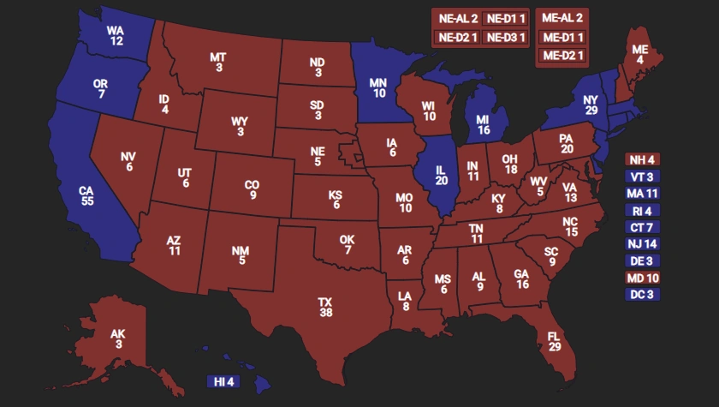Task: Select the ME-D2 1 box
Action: [x=562, y=56]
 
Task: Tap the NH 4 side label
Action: [x=642, y=159]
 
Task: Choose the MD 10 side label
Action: [x=642, y=278]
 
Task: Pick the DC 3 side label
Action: [x=642, y=295]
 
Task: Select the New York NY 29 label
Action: [x=590, y=106]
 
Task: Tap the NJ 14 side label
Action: [x=642, y=244]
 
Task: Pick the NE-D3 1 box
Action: [x=506, y=37]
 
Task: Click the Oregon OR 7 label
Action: [x=101, y=89]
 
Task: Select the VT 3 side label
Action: [x=642, y=177]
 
